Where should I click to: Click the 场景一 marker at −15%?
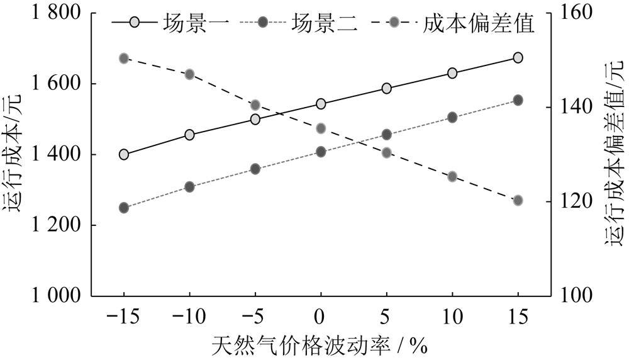tap(124, 155)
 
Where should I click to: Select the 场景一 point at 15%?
tap(518, 58)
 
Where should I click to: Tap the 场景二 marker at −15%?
tap(124, 208)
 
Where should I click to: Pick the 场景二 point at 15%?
tap(518, 100)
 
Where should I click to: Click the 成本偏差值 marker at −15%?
tap(124, 59)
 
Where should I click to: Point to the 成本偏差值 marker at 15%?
tap(518, 201)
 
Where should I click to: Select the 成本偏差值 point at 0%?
tap(321, 128)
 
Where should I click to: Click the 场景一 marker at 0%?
tap(321, 104)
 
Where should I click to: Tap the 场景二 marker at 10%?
tap(452, 117)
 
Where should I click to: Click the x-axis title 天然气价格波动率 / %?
tap(320, 345)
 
